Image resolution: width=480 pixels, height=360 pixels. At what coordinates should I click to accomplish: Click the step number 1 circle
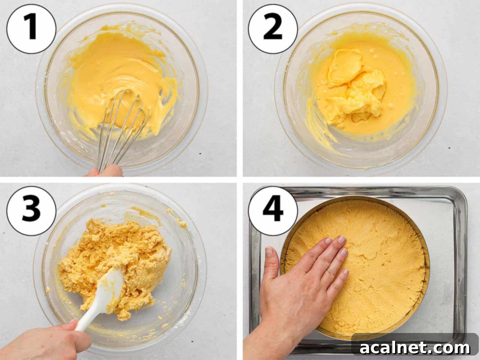[x=31, y=28]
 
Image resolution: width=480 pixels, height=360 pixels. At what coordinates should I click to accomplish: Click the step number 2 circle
[x=272, y=28]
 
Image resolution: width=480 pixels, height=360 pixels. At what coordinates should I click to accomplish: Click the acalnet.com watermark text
[x=415, y=348]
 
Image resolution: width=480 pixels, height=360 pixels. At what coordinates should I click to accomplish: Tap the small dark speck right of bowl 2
[x=449, y=148]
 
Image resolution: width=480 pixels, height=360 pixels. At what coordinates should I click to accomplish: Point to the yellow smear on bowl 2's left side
[x=312, y=117]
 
